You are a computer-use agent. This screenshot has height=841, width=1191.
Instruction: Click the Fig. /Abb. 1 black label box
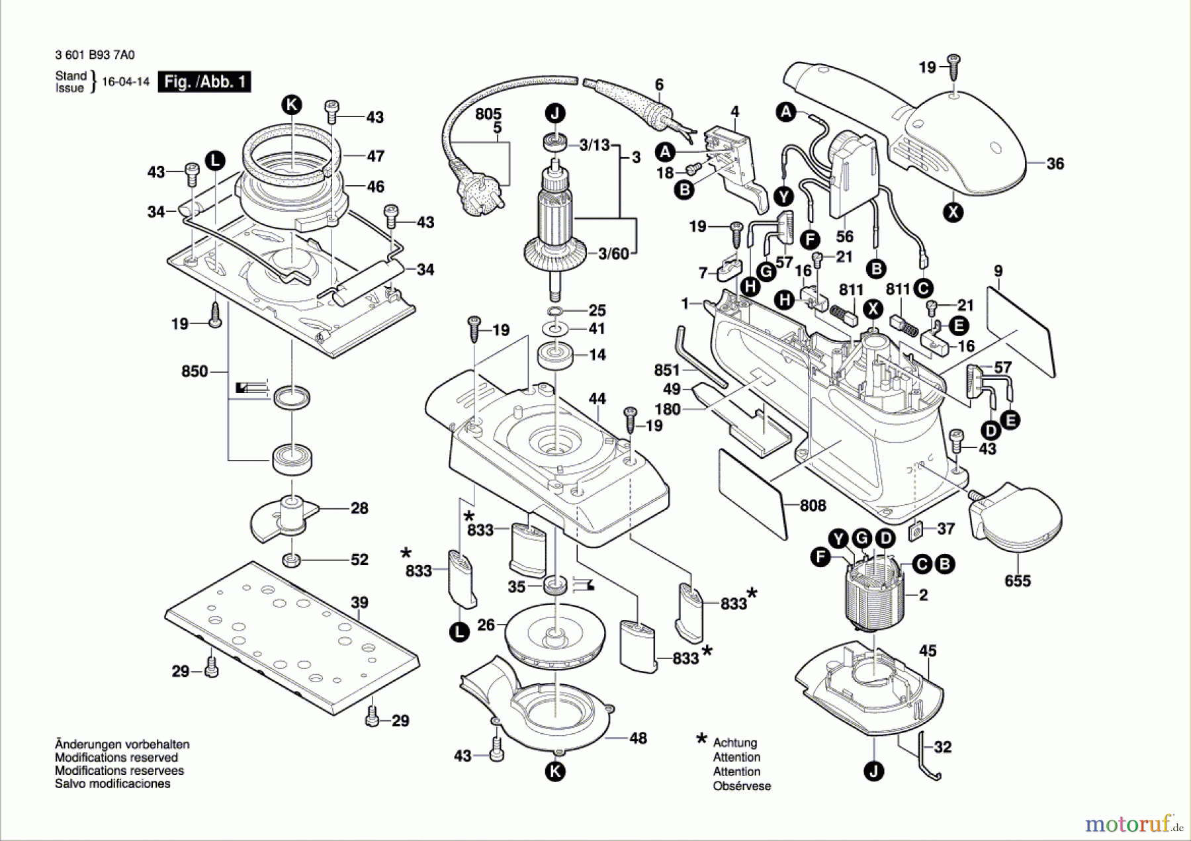pyautogui.click(x=204, y=82)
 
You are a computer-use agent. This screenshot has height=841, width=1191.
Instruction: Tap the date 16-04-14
pyautogui.click(x=126, y=82)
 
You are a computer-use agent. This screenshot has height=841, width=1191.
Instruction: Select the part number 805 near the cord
pyautogui.click(x=488, y=114)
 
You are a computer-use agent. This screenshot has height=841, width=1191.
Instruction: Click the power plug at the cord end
pyautogui.click(x=474, y=193)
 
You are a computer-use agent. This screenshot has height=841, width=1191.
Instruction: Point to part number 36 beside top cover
pyautogui.click(x=1055, y=163)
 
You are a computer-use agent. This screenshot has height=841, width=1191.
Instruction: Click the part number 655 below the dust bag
pyautogui.click(x=1017, y=581)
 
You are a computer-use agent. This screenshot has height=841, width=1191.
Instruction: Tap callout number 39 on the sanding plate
pyautogui.click(x=359, y=603)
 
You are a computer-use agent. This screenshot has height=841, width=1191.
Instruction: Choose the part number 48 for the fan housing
pyautogui.click(x=638, y=738)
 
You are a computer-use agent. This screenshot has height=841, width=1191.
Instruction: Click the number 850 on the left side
pyautogui.click(x=195, y=371)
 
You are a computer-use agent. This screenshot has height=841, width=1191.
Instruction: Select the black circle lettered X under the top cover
pyautogui.click(x=953, y=212)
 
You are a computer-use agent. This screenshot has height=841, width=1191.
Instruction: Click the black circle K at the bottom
pyautogui.click(x=555, y=771)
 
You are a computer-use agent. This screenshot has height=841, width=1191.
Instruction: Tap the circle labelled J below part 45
pyautogui.click(x=874, y=771)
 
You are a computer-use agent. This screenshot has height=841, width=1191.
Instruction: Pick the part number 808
pyautogui.click(x=813, y=506)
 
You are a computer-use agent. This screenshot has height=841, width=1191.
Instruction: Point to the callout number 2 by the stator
pyautogui.click(x=923, y=595)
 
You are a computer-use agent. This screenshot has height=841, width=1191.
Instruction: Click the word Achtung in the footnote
pyautogui.click(x=734, y=742)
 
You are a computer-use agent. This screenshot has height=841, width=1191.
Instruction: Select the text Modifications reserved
pyautogui.click(x=116, y=758)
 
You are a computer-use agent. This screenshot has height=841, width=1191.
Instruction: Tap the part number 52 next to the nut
pyautogui.click(x=359, y=560)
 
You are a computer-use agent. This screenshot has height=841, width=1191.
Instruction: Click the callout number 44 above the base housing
pyautogui.click(x=597, y=398)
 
